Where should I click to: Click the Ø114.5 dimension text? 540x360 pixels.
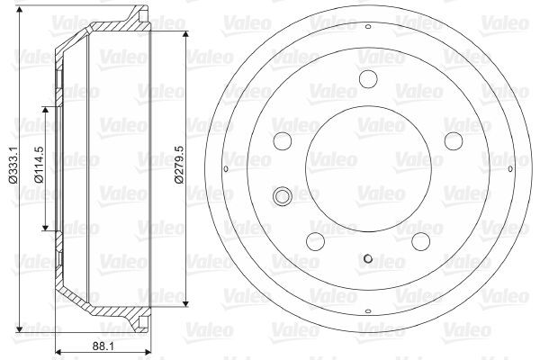[x=39, y=164]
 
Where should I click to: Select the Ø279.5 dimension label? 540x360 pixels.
[x=179, y=165]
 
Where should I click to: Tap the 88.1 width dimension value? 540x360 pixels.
[x=103, y=346]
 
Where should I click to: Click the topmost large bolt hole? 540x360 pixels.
[x=368, y=78]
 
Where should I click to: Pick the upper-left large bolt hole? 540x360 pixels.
[x=283, y=141]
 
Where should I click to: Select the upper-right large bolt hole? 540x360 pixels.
[x=454, y=141]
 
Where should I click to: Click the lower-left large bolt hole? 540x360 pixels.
[x=316, y=241]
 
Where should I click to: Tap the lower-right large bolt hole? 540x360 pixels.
[x=421, y=241]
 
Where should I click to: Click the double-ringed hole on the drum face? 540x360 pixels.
[x=283, y=196]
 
